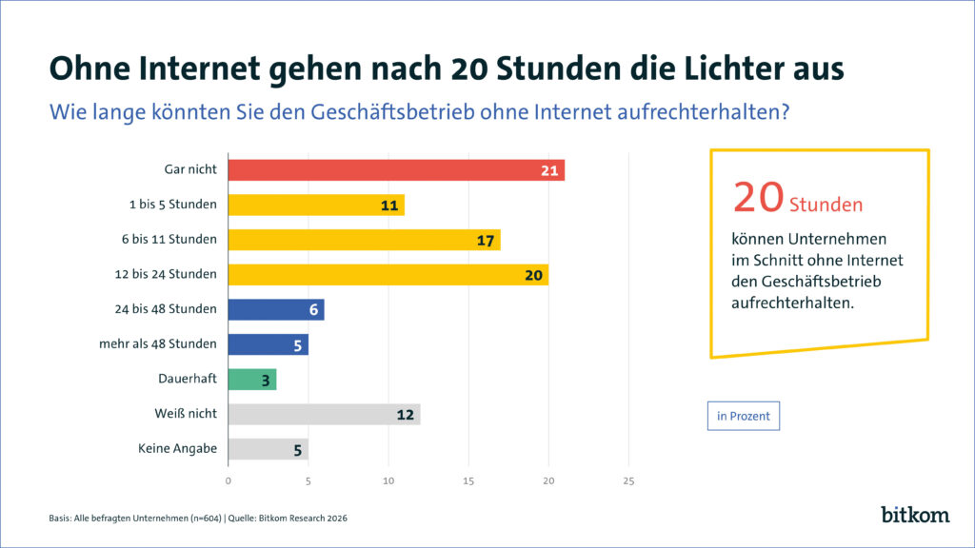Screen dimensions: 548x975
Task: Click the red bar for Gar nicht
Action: pyautogui.click(x=395, y=170)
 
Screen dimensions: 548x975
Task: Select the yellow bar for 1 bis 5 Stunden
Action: pyautogui.click(x=316, y=205)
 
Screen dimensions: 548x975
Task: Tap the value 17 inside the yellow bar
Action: pyautogui.click(x=486, y=240)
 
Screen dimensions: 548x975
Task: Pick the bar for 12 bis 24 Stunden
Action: pyautogui.click(x=388, y=274)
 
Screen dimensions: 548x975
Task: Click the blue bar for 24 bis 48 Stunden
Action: pyautogui.click(x=276, y=309)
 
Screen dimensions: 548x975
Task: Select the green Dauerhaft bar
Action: pyautogui.click(x=252, y=379)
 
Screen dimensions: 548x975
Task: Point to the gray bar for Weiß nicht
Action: pyautogui.click(x=324, y=414)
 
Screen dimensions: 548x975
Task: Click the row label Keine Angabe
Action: pyautogui.click(x=177, y=448)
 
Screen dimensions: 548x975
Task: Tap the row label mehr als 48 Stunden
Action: pyautogui.click(x=158, y=343)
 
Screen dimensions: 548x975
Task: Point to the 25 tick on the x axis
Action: pyautogui.click(x=627, y=480)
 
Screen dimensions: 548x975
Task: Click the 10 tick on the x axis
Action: pyautogui.click(x=388, y=480)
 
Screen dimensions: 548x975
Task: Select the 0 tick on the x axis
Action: pyautogui.click(x=229, y=480)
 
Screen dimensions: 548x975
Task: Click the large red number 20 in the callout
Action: pyautogui.click(x=758, y=196)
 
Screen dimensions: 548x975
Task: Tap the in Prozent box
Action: pyautogui.click(x=743, y=416)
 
